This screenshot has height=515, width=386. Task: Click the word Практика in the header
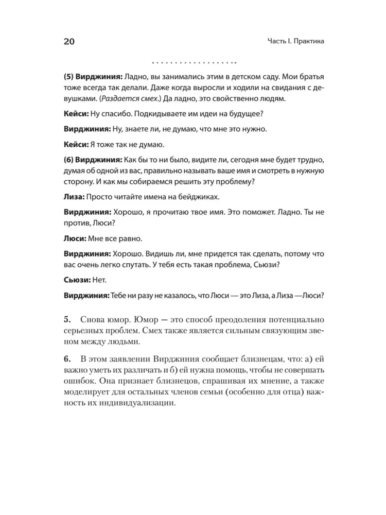[x=305, y=42]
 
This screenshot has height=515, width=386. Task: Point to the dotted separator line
[x=193, y=63]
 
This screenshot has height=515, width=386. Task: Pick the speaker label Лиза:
[x=74, y=196]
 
